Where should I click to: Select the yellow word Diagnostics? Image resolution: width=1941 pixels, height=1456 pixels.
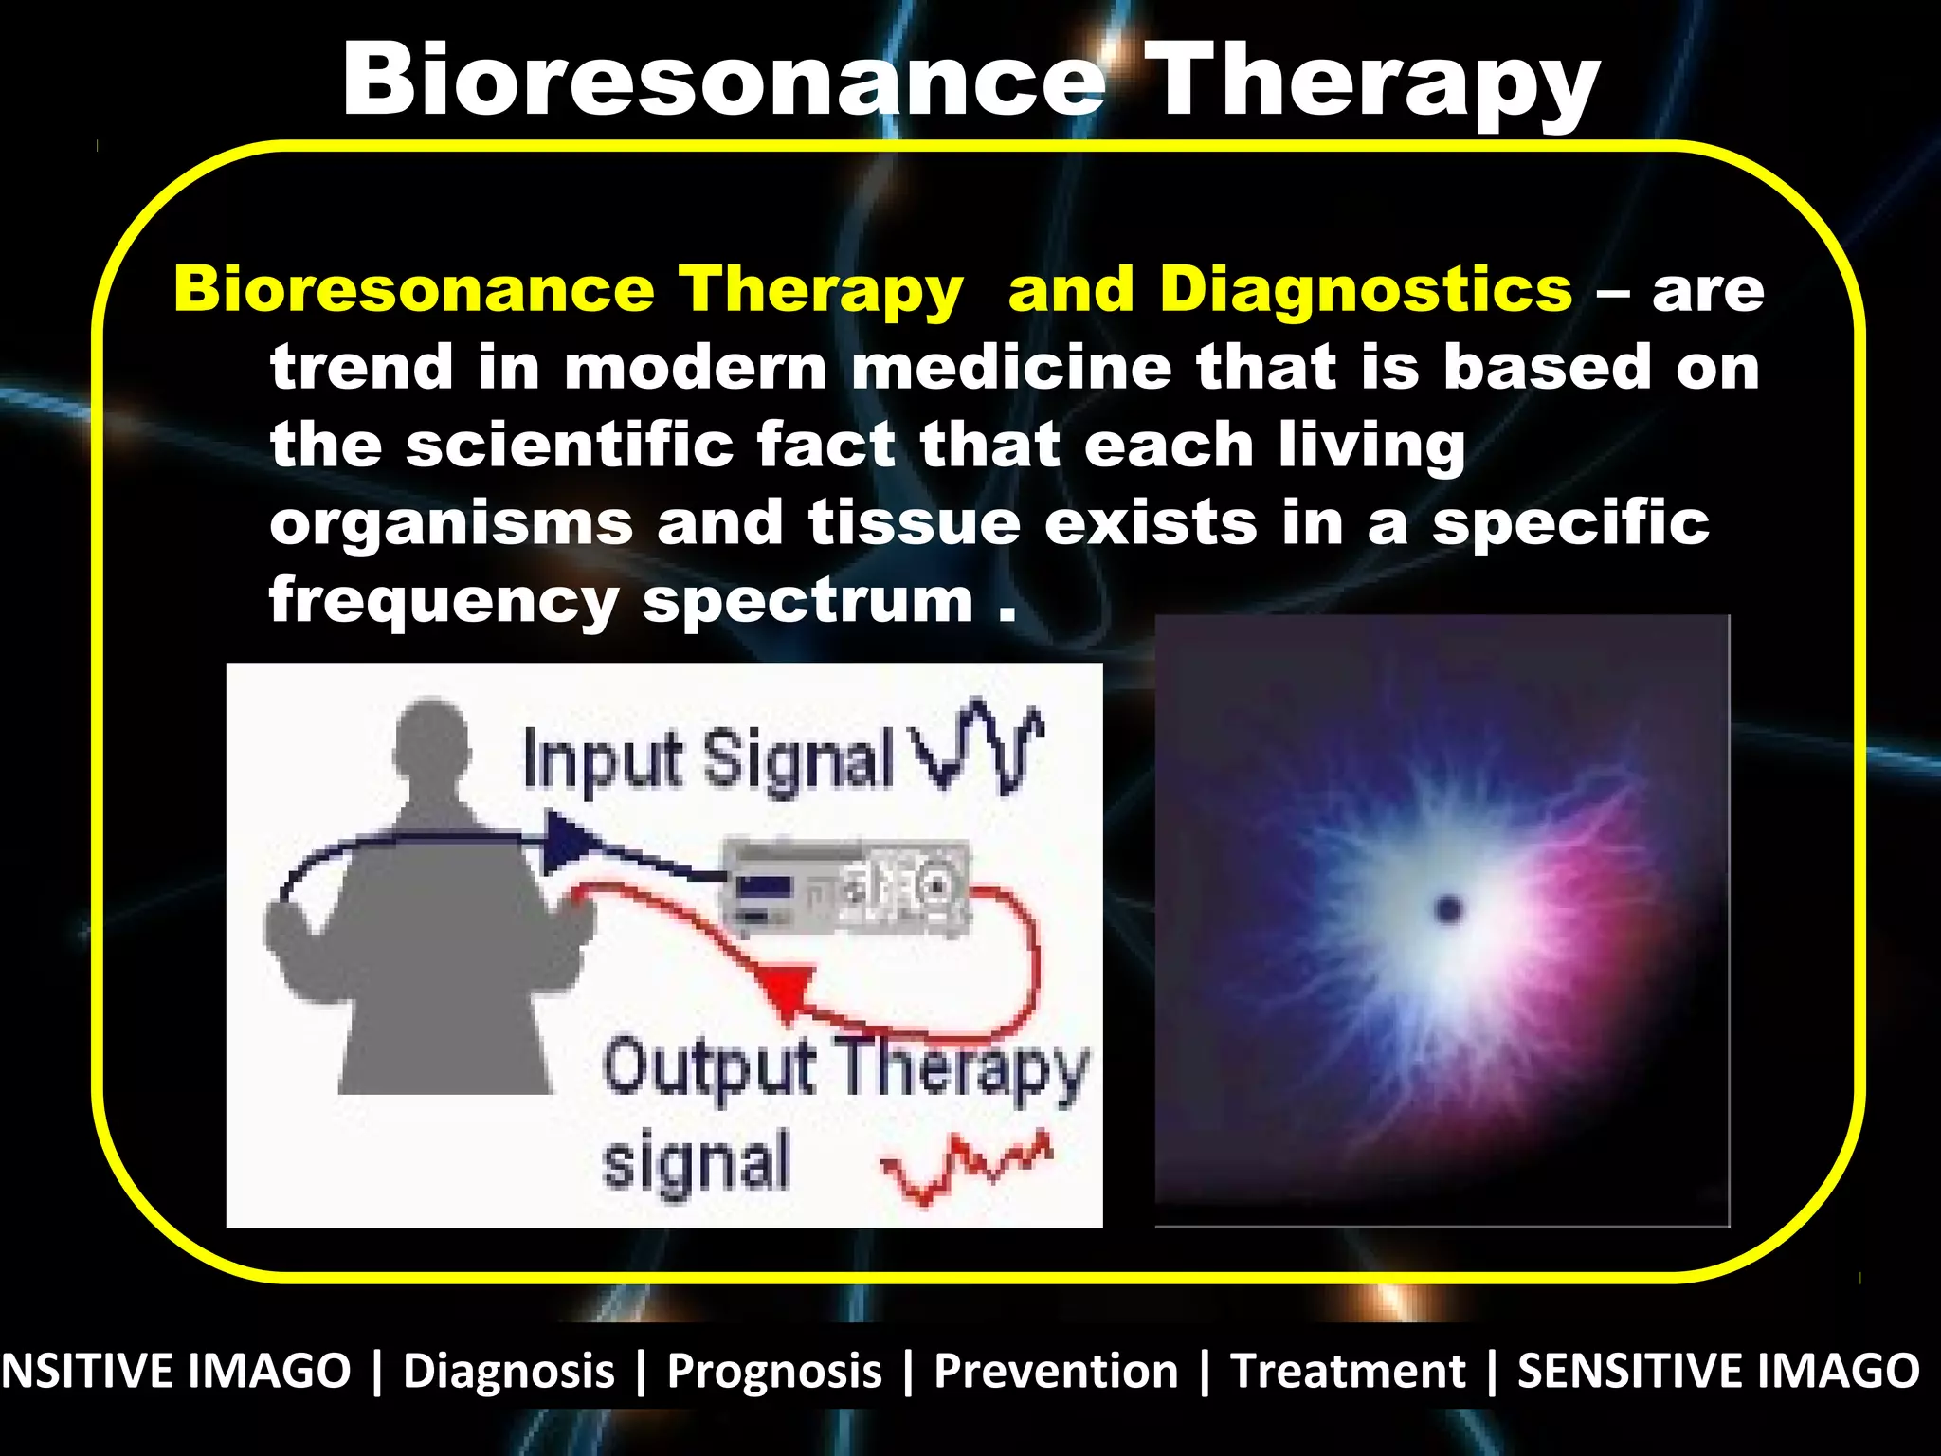pos(1366,289)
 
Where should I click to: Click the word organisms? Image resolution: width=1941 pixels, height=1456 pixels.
pos(451,524)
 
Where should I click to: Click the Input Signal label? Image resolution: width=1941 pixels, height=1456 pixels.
pos(706,758)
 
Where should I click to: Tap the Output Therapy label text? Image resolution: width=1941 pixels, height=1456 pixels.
pos(844,1069)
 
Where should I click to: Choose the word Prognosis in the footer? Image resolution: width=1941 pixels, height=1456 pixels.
pos(774,1372)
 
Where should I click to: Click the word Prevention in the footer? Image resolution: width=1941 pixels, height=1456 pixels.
pos(1055,1372)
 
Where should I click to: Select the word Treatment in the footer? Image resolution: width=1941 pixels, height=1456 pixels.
pos(1347,1372)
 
